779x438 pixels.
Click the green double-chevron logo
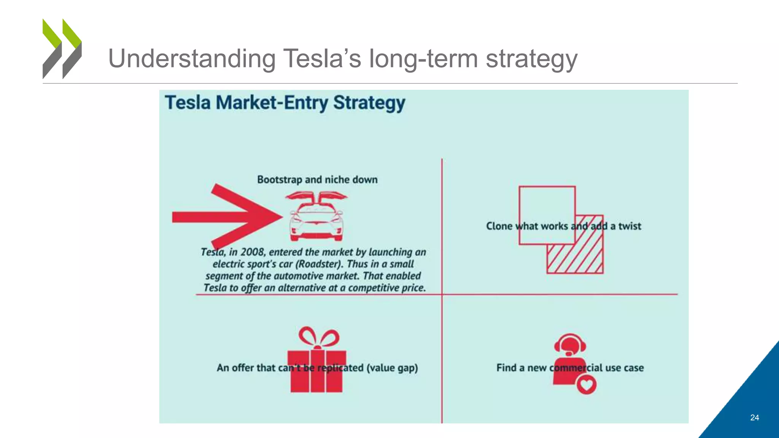tap(62, 49)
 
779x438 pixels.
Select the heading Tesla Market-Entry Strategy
tap(285, 103)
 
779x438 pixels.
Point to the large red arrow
tap(228, 217)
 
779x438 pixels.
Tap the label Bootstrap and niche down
tap(317, 179)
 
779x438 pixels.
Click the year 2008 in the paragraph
tap(253, 252)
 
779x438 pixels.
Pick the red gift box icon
tap(316, 371)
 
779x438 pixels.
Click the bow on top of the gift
tap(319, 337)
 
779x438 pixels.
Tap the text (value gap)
tap(392, 368)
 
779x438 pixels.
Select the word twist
tap(630, 226)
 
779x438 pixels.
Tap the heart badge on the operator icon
tap(586, 384)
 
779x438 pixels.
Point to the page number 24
tap(755, 417)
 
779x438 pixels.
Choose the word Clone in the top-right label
tap(499, 226)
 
